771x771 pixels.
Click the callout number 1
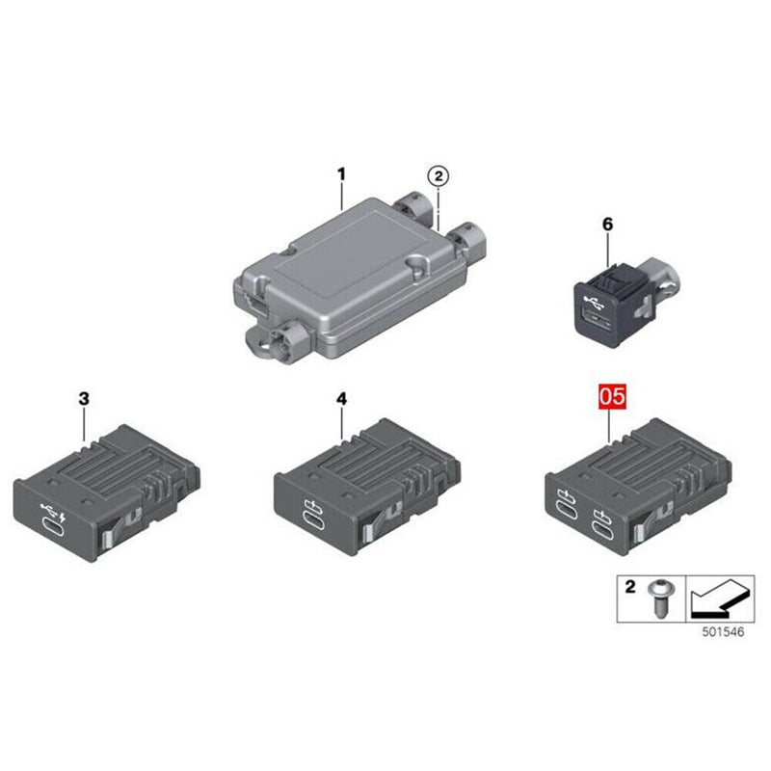pyautogui.click(x=340, y=174)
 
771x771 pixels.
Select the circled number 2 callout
pyautogui.click(x=438, y=175)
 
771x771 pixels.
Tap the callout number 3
pyautogui.click(x=84, y=397)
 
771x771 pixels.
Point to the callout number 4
pyautogui.click(x=341, y=397)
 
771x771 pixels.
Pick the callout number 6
pyautogui.click(x=607, y=224)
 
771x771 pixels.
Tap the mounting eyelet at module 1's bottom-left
pyautogui.click(x=265, y=339)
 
